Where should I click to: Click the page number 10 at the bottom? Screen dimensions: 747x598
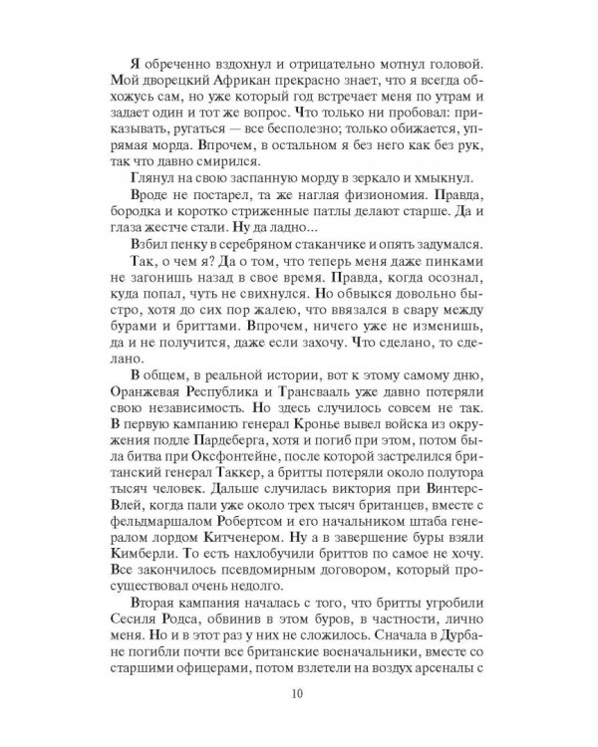[x=299, y=694]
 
